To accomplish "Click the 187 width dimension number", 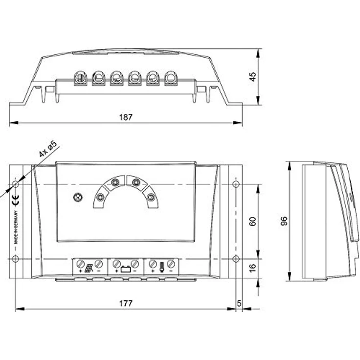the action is (x=126, y=117).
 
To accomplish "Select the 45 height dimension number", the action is (x=252, y=77).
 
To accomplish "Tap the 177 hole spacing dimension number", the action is (x=126, y=303).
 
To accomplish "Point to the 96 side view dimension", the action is (x=284, y=221).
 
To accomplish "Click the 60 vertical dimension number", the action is (x=252, y=221).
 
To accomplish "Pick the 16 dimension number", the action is (x=252, y=268).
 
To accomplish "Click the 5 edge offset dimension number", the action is (x=239, y=303).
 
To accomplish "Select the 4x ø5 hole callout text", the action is (x=48, y=149).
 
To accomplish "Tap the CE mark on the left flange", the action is (x=16, y=200).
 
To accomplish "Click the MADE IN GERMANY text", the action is (x=16, y=227).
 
